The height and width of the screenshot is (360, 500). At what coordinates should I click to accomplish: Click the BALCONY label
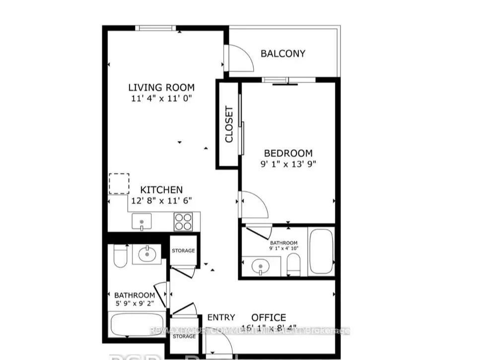[x=283, y=54]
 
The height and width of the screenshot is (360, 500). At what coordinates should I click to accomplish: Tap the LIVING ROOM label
[x=161, y=88]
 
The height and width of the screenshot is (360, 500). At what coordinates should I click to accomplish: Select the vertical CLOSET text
[x=229, y=124]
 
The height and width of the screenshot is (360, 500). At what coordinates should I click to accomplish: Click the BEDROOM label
[x=288, y=153]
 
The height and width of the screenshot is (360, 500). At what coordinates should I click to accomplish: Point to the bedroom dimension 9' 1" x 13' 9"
[x=288, y=164]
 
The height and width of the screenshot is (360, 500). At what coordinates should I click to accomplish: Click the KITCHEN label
[x=161, y=190]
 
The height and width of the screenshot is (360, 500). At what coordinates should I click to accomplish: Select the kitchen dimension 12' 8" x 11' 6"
[x=161, y=200]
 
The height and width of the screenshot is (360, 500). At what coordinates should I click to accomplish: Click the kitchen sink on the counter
[x=142, y=221]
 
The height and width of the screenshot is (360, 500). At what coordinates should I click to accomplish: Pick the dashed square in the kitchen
[x=119, y=184]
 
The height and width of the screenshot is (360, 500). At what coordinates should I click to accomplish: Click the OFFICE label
[x=268, y=318]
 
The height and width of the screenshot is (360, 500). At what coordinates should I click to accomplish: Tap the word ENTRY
[x=221, y=318]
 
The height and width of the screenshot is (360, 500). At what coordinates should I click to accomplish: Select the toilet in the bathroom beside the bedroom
[x=294, y=264]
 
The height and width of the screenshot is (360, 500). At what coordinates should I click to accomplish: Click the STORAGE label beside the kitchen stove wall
[x=183, y=251]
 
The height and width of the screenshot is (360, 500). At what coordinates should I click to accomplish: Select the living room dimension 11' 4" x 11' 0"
[x=161, y=98]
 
